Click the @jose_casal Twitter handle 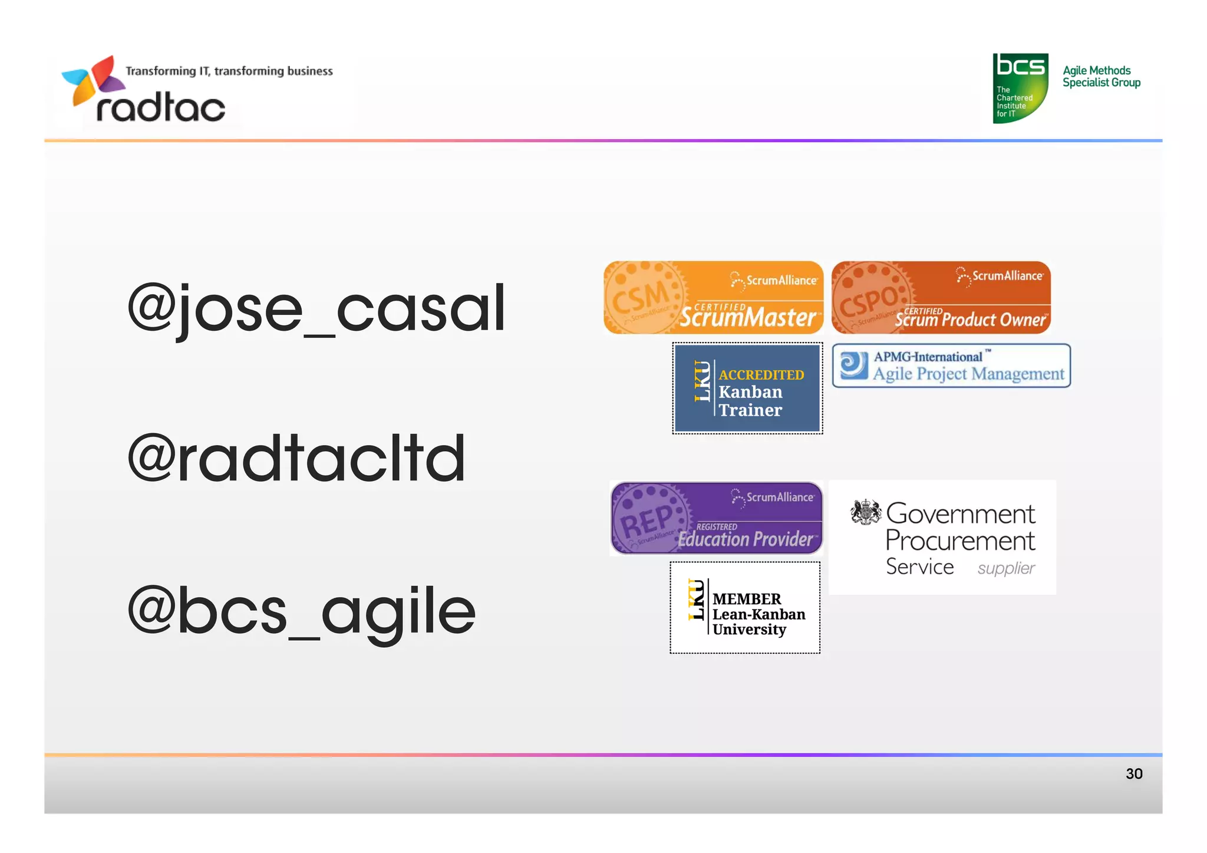[x=316, y=308]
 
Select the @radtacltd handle [x=296, y=458]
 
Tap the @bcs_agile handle [x=301, y=611]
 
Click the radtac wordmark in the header [x=160, y=108]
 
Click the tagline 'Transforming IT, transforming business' [x=229, y=71]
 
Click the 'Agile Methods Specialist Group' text [x=1101, y=77]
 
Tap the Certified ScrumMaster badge [x=713, y=298]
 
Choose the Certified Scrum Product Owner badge [x=941, y=298]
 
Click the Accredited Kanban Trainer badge [x=747, y=388]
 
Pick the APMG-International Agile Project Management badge [x=951, y=365]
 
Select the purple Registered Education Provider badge [x=716, y=519]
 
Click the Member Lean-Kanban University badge [x=745, y=608]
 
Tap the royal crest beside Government [x=866, y=512]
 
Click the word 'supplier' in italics [x=1005, y=568]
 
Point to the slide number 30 [x=1133, y=773]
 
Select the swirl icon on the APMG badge [x=853, y=365]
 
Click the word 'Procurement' [x=960, y=541]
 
